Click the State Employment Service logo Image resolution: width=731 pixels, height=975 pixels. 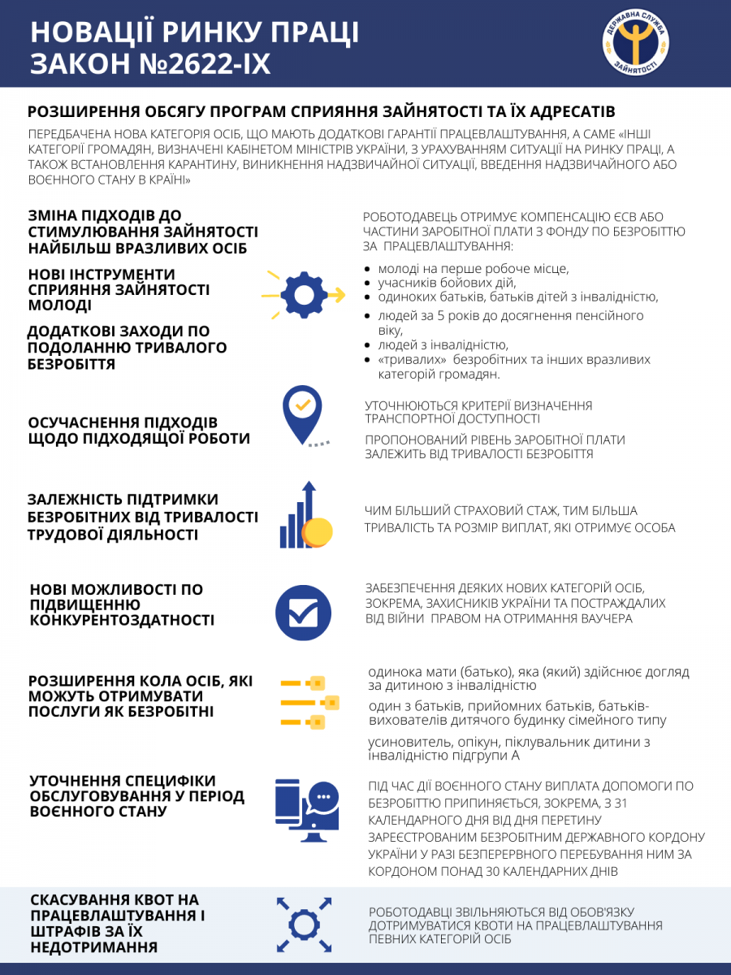click(637, 42)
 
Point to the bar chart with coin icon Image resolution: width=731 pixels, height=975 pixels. click(305, 517)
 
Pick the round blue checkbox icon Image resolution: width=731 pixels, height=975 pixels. click(303, 612)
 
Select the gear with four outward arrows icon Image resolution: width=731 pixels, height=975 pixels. click(304, 925)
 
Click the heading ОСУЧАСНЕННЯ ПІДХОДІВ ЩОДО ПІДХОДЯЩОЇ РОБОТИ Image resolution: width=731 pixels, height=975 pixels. click(139, 431)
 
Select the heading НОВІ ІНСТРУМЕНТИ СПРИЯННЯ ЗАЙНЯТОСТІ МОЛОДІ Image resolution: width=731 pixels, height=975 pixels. click(119, 290)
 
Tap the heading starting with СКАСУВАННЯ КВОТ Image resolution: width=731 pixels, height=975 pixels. click(117, 924)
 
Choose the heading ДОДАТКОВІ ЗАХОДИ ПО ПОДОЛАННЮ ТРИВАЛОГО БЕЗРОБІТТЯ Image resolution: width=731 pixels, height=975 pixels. click(127, 348)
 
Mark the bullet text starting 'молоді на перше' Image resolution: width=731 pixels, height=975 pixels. click(473, 269)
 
